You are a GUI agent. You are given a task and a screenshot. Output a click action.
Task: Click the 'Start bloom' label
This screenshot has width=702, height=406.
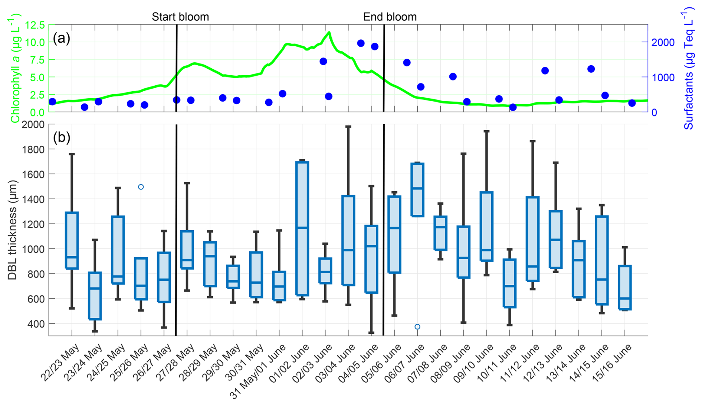coord(180,17)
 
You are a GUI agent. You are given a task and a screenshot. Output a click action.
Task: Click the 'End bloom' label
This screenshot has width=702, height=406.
coord(390,17)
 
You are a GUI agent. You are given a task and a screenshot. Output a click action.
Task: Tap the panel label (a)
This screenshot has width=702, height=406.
coord(61,38)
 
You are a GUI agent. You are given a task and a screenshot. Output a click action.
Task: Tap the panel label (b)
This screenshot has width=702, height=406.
coord(61,138)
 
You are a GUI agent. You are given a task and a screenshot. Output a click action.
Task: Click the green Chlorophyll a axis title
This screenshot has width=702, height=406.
coord(15,69)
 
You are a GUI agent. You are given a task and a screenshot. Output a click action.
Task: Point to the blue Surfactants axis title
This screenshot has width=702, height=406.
coord(689,70)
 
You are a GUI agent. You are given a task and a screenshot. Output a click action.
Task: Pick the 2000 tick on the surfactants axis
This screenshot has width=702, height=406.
coord(663,42)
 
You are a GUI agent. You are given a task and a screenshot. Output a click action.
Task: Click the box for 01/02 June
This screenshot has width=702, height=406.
coord(302,228)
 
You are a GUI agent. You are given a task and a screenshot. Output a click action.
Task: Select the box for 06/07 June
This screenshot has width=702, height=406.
coord(417,189)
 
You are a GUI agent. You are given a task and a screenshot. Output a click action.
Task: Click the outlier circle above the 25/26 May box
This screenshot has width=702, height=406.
coord(141,187)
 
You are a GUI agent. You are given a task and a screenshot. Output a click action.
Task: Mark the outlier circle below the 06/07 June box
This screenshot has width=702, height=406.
coord(417,327)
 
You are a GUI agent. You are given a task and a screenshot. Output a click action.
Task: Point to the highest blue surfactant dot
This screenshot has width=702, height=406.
coord(361,43)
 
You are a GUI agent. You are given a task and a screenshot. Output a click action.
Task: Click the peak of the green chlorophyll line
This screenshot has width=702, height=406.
coord(329,33)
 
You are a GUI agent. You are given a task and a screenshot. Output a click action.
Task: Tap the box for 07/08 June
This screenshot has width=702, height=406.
coord(440,233)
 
